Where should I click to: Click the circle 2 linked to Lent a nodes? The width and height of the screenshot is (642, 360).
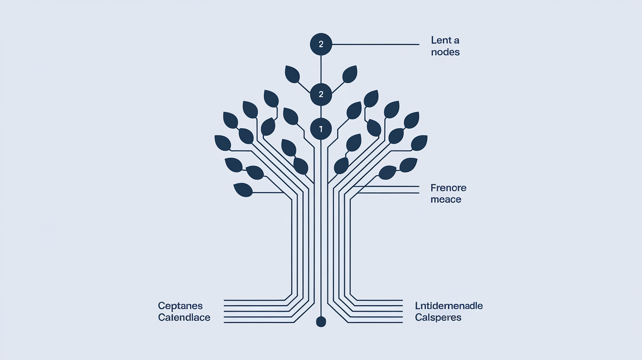pos(321,45)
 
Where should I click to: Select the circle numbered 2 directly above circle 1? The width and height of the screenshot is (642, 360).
pos(321,94)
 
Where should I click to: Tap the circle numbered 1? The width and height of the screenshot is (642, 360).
pos(321,129)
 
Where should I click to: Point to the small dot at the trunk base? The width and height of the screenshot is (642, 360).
pos(321,321)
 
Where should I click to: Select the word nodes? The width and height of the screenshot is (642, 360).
pos(445,52)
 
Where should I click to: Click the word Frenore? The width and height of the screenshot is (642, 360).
pos(448,188)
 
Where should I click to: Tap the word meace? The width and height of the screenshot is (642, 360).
pos(446,200)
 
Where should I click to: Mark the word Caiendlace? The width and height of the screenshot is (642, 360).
pos(184,317)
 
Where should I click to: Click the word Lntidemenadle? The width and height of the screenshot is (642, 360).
pos(449,306)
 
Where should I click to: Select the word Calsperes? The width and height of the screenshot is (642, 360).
pos(438,317)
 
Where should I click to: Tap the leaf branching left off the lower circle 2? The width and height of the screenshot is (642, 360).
pos(292,74)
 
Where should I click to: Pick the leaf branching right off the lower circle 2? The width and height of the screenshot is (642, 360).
pos(350,74)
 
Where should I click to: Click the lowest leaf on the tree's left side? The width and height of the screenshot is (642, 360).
pos(243,189)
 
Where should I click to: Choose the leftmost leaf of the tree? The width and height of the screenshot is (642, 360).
pos(223,142)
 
